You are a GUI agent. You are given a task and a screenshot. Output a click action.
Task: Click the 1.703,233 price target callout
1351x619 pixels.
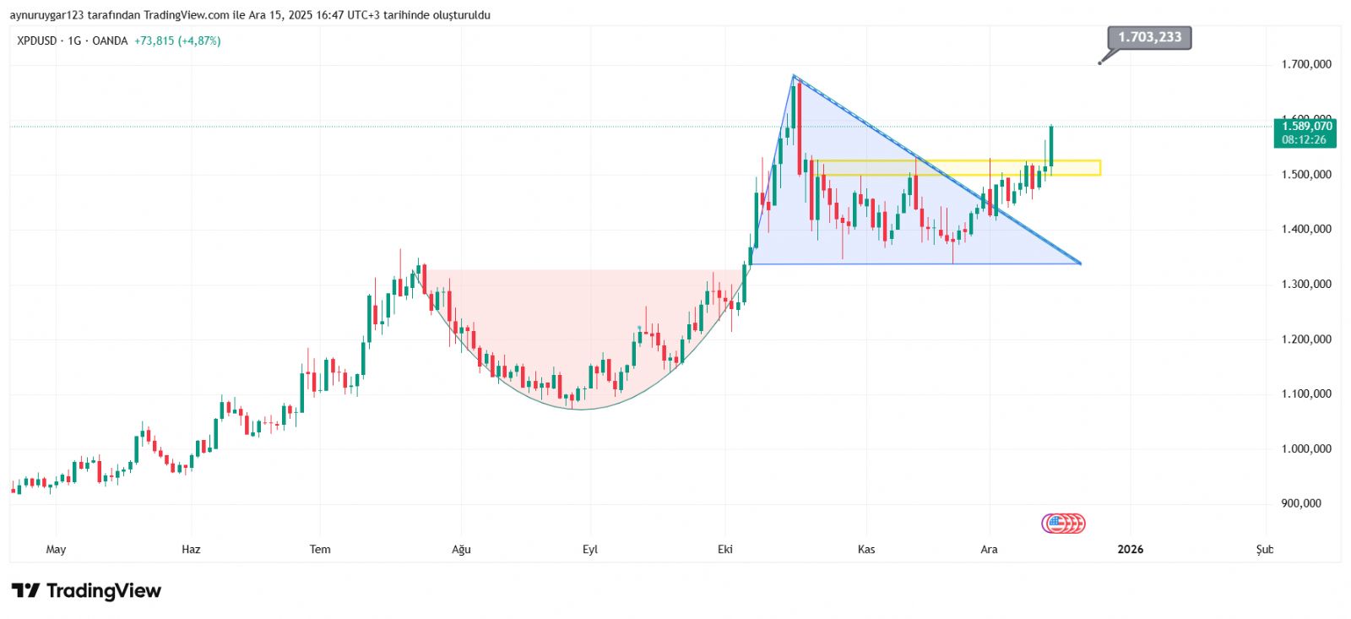(1149, 37)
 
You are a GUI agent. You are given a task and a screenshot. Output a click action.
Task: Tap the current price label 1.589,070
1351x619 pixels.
(1306, 126)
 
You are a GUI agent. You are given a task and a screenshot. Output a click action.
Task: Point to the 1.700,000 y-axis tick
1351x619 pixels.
(1305, 64)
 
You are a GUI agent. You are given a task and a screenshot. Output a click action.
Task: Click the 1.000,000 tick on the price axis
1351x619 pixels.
(1305, 448)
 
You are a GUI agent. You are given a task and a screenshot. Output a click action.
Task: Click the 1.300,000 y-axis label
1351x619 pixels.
(1305, 284)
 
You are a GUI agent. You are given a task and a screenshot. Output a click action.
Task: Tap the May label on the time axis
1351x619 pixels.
(56, 549)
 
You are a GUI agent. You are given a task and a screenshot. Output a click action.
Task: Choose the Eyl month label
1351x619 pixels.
(589, 549)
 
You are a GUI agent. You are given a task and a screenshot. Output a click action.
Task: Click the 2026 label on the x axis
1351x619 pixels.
(1130, 549)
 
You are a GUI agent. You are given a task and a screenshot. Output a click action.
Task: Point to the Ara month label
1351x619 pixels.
(989, 549)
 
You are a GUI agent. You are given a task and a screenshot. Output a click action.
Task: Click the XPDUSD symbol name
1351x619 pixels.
(37, 41)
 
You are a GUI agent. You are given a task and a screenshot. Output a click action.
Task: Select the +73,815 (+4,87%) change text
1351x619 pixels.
(177, 41)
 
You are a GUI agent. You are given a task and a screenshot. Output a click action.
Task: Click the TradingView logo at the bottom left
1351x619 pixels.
(86, 590)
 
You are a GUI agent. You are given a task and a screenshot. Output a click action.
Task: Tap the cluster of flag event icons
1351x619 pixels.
(1063, 524)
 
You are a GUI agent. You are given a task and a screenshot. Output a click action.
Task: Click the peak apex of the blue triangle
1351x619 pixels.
(794, 76)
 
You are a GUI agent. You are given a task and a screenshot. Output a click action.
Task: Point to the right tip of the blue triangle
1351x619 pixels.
(1080, 263)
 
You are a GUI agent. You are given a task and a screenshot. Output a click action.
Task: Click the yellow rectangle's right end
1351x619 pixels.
(1099, 167)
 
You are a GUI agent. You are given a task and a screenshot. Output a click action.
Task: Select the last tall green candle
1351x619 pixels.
(1051, 145)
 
